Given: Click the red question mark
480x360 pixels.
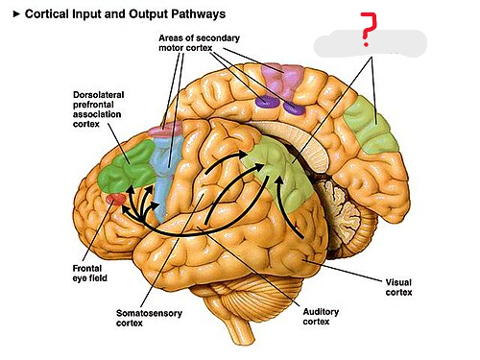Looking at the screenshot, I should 365,31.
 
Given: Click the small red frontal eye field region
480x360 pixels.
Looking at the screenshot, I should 114,200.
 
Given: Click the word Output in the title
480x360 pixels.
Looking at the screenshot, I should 146,14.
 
